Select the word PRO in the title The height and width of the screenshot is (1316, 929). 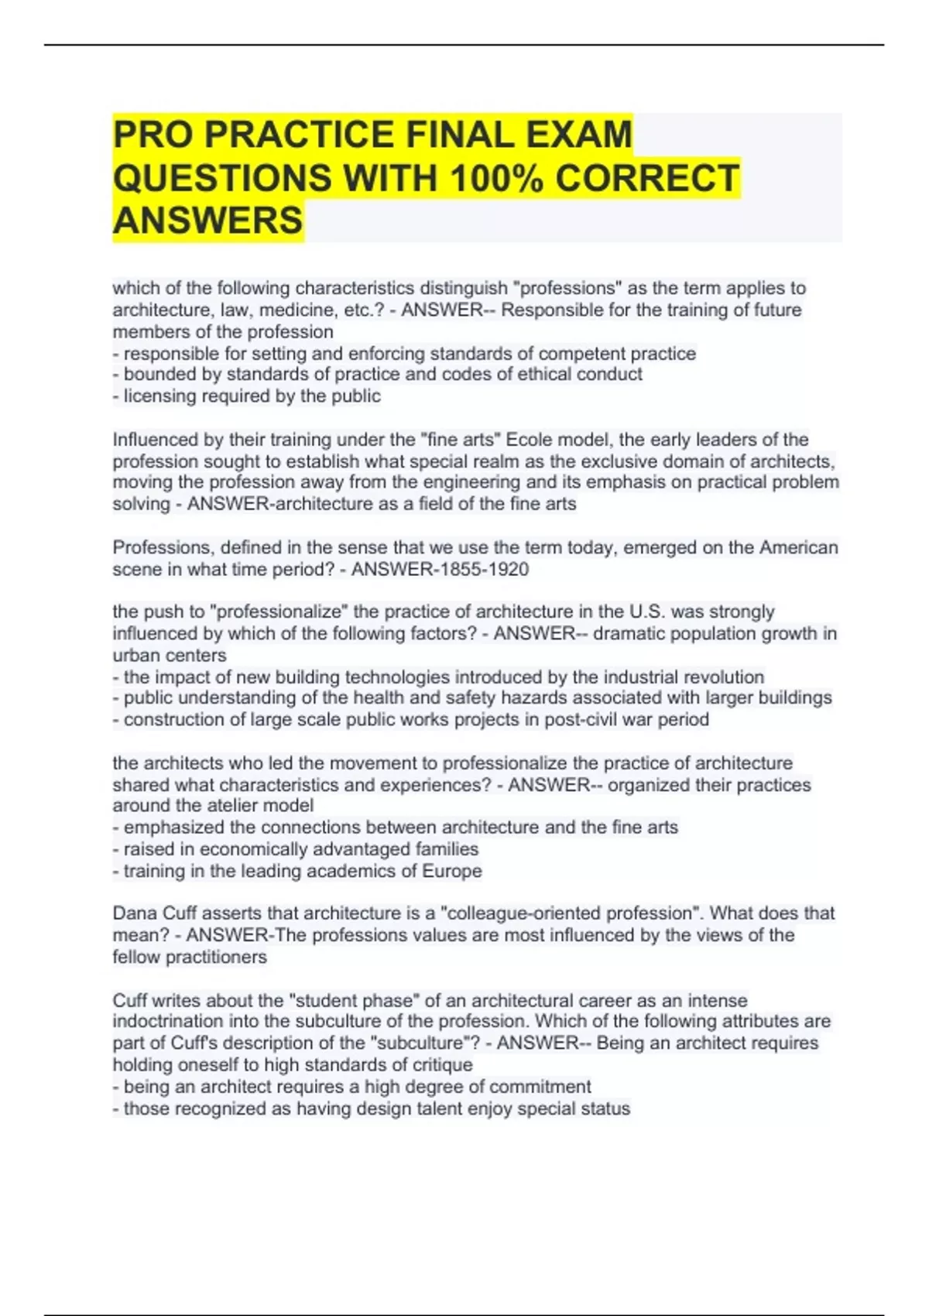pyautogui.click(x=153, y=134)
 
